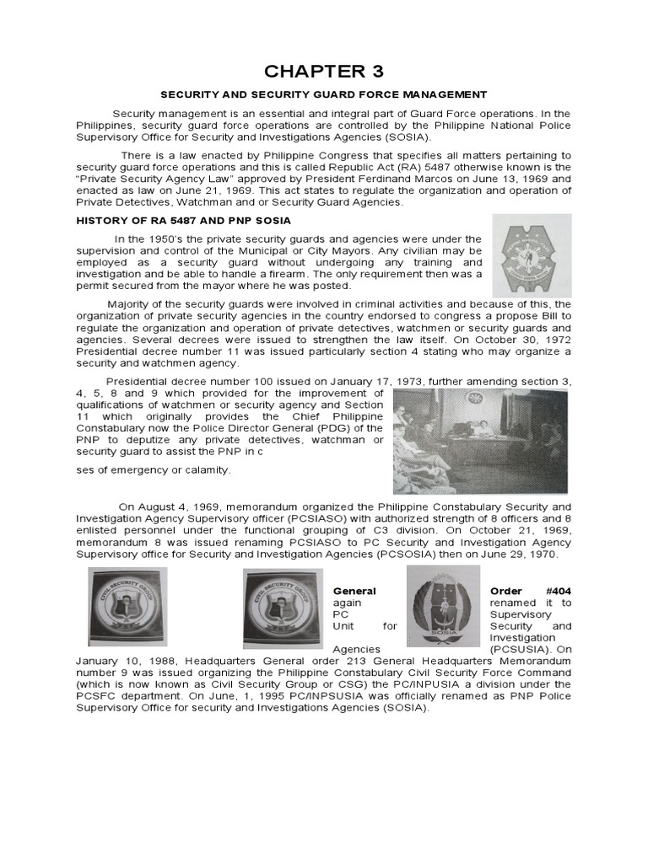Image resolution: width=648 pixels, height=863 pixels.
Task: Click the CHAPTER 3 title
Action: (324, 70)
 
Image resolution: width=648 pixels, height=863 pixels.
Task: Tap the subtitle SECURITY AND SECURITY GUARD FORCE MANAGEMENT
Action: (324, 96)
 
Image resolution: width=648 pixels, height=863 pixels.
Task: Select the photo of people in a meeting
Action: (478, 441)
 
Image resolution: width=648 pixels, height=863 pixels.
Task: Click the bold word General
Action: (354, 591)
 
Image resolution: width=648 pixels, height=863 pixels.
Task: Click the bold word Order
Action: (507, 591)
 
